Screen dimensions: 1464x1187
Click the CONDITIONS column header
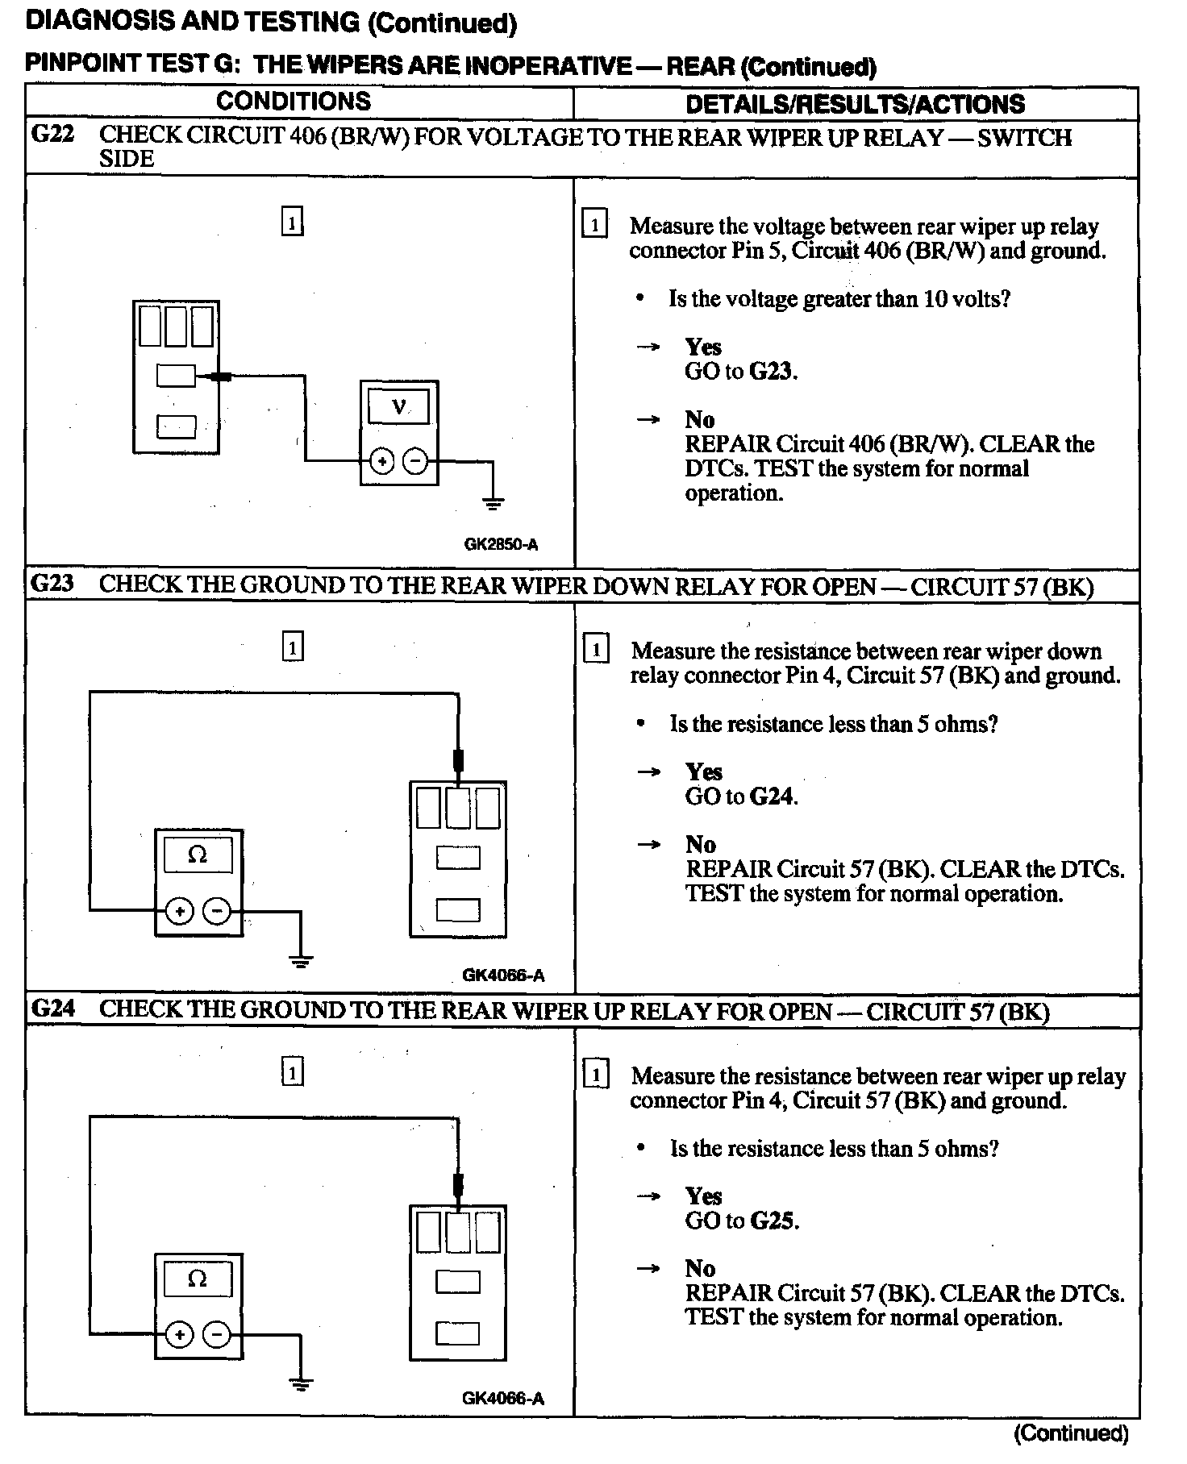click(294, 102)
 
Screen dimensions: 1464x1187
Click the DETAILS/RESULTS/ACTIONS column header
click(855, 104)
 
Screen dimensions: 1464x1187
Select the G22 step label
click(52, 134)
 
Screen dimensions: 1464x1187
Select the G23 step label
click(52, 584)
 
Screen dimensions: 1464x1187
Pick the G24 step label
click(53, 1009)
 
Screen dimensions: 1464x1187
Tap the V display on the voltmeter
click(398, 406)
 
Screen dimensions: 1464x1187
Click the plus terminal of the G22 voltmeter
click(382, 462)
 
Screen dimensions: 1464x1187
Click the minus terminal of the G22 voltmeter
click(414, 462)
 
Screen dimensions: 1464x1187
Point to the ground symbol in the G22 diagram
click(493, 504)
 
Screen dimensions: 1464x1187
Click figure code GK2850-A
click(501, 544)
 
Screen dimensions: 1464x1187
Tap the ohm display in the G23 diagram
click(198, 855)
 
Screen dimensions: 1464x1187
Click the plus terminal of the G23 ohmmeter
click(179, 912)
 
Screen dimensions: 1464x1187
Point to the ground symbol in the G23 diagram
click(301, 959)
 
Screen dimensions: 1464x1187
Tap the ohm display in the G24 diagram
click(198, 1279)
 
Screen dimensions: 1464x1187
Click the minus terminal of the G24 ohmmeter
click(216, 1335)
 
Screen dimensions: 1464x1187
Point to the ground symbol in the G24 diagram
click(301, 1384)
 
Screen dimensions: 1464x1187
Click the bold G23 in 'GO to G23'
click(772, 372)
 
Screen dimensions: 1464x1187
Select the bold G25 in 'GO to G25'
click(773, 1221)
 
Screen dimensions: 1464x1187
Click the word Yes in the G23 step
click(704, 772)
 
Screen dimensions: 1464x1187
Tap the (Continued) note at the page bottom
click(1071, 1433)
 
